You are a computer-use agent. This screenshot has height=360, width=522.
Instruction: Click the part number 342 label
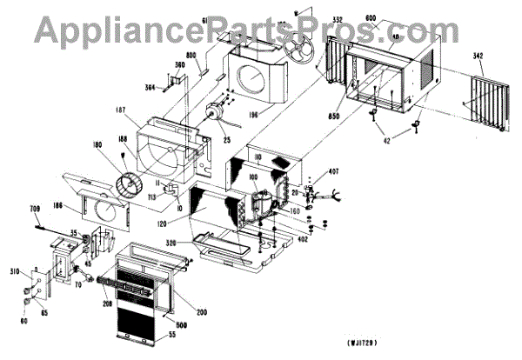point(478,57)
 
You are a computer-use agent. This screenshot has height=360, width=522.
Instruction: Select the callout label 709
point(36,209)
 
